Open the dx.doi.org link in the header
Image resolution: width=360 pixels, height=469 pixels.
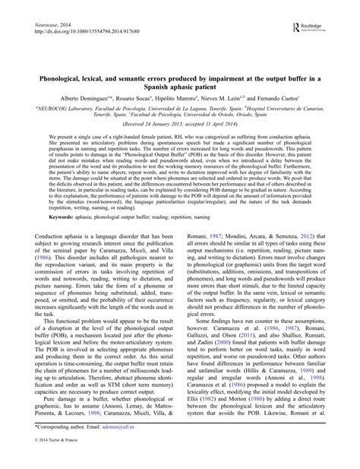click(x=81, y=14)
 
